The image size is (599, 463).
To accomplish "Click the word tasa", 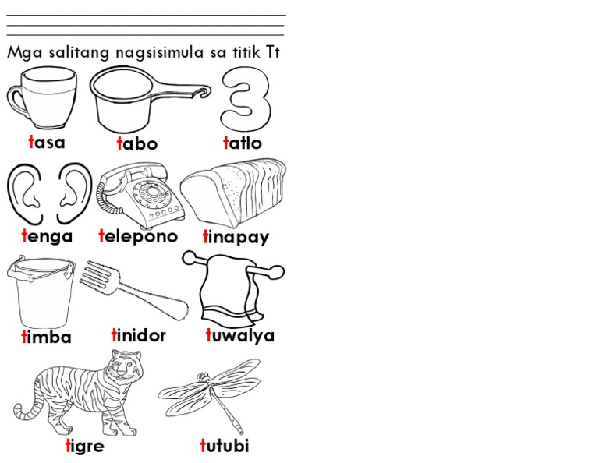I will [x=46, y=143].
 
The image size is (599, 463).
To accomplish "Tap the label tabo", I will [x=137, y=144].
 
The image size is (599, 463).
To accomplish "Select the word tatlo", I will [x=243, y=143].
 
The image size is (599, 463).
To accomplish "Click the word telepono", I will [x=138, y=236].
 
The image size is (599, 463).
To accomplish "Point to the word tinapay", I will [x=236, y=237].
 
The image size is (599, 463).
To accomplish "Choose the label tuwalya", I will [x=240, y=336].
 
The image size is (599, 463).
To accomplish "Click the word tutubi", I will [x=225, y=447].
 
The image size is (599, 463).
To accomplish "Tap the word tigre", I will [x=84, y=447].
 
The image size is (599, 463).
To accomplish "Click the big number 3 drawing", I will [x=246, y=100].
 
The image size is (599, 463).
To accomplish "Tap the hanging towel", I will [x=226, y=296].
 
